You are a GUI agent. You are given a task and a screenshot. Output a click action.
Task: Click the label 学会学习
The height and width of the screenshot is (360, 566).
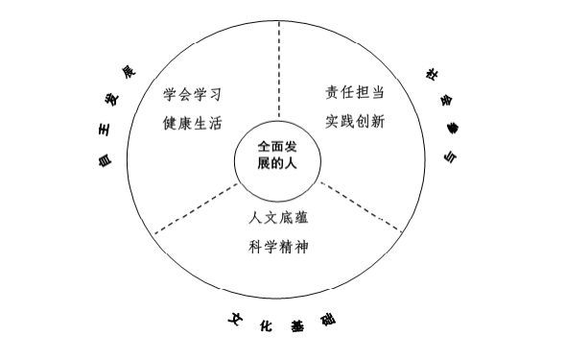tap(200, 96)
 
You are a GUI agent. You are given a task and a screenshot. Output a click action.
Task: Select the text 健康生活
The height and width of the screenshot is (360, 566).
tap(200, 123)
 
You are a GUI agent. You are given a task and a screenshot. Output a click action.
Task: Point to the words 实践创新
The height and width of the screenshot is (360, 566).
tap(355, 123)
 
